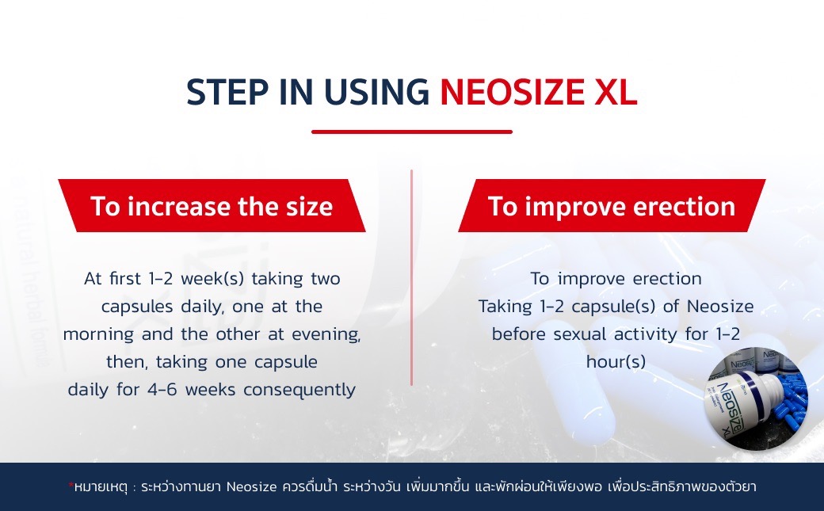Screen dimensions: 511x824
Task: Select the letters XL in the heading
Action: click(x=614, y=93)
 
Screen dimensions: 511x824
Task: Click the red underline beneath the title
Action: click(x=412, y=132)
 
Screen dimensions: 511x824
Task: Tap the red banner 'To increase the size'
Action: click(x=212, y=206)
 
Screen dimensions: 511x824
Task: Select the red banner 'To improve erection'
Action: click(x=611, y=206)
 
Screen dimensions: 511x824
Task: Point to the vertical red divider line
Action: click(x=411, y=277)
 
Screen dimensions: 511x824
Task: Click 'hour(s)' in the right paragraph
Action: click(x=616, y=362)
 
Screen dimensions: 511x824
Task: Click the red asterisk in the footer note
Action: click(x=70, y=483)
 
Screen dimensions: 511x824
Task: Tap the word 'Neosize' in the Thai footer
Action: click(x=250, y=486)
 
